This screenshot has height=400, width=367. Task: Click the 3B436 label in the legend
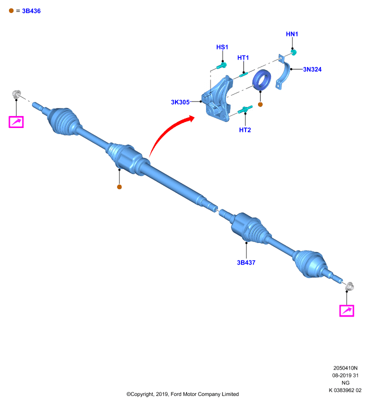click(31, 11)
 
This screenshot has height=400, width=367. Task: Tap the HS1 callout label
click(222, 47)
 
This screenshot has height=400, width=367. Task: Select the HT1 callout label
click(243, 57)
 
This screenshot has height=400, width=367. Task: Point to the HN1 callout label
click(292, 34)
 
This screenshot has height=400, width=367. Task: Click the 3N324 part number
click(312, 69)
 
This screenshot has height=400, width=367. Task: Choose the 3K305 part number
click(180, 102)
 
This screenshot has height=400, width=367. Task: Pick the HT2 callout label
click(245, 130)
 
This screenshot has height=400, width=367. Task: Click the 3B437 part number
click(246, 262)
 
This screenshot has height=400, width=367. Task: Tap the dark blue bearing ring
click(261, 80)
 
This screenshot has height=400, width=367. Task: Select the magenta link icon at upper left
click(16, 122)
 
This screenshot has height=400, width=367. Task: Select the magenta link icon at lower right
click(346, 310)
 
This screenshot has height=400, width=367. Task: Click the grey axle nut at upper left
click(16, 94)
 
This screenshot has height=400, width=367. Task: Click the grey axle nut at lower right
click(349, 286)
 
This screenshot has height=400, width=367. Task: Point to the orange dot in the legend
click(11, 10)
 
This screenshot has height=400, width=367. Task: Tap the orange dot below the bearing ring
click(260, 104)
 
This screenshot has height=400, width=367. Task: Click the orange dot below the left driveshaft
click(119, 187)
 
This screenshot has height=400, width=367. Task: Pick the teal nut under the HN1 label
click(293, 52)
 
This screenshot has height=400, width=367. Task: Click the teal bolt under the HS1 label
click(221, 65)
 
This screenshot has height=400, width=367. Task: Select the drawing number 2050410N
click(345, 368)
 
